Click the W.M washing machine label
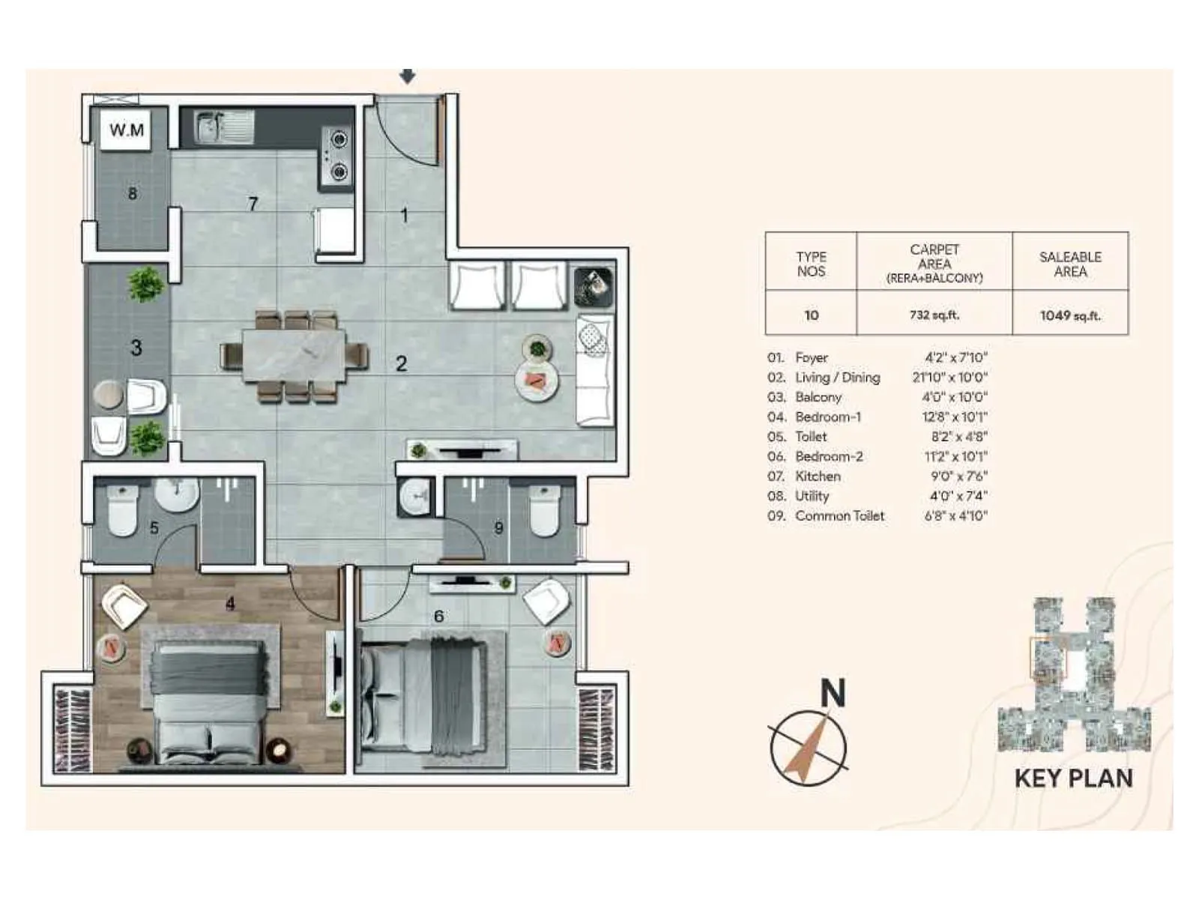(127, 130)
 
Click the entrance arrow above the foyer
(407, 76)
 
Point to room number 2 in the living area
(402, 363)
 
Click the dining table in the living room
(294, 356)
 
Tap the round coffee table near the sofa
(537, 380)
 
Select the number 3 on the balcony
(136, 348)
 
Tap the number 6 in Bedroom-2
(438, 616)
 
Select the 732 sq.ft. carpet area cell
(934, 315)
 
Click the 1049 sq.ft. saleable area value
(1070, 315)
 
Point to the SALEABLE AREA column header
(1070, 264)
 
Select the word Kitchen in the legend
(818, 476)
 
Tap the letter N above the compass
(833, 693)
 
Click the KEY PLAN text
(1073, 778)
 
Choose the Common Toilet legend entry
(839, 515)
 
